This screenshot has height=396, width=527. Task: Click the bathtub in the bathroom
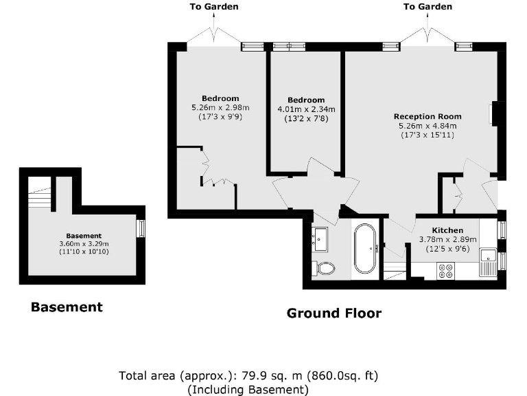coord(364,248)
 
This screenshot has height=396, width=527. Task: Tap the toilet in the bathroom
coord(325,267)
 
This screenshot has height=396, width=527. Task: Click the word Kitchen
coord(447,230)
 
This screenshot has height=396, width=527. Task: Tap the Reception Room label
coord(428,116)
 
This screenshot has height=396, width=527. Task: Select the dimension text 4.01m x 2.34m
coord(305,109)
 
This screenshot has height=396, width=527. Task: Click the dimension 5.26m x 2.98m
coord(220,107)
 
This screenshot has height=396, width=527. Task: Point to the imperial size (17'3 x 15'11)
coord(428,135)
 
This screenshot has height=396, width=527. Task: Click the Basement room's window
coord(141,228)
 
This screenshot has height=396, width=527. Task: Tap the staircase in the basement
coord(40,195)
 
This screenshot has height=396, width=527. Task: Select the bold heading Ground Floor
coord(333,313)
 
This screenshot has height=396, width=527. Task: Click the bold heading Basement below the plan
coord(67,307)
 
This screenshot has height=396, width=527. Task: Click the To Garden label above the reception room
coord(428,7)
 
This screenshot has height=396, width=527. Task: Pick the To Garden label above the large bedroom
coord(214,7)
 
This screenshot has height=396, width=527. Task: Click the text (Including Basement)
coord(248,389)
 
